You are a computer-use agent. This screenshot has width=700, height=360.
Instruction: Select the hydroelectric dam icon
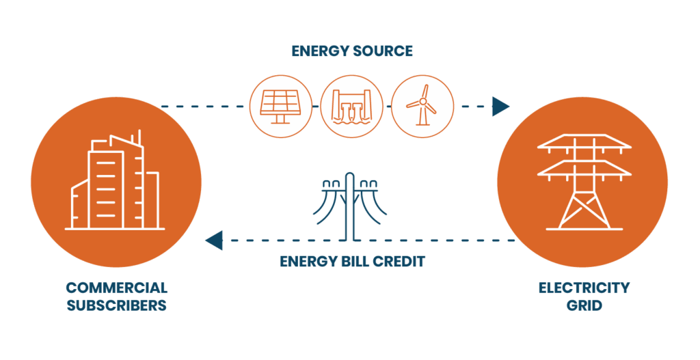[x=349, y=106]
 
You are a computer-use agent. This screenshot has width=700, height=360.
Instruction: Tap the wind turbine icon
[x=422, y=106]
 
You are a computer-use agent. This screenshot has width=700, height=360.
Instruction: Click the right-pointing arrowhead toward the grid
[x=500, y=106]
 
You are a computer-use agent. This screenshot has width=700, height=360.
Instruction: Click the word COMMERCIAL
[x=117, y=288]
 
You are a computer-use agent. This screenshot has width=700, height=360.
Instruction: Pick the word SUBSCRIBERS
[x=117, y=305]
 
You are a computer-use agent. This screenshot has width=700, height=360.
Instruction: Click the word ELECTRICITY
[x=583, y=288]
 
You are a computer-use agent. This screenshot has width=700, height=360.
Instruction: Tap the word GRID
[x=583, y=305]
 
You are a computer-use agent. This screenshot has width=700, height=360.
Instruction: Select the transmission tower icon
[x=582, y=181]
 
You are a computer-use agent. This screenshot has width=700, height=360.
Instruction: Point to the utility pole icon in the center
[x=351, y=205]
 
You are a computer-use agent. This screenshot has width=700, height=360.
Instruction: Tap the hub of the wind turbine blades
[x=422, y=102]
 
